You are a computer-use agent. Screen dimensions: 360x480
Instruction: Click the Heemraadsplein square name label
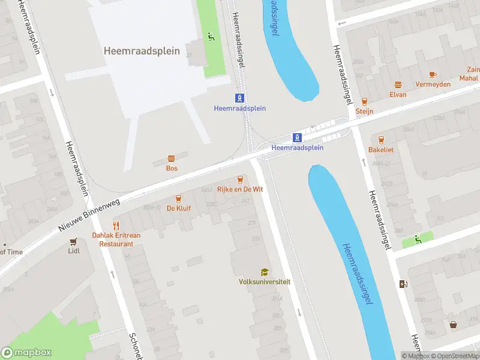[x=142, y=51]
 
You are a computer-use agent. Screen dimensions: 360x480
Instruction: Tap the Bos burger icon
[x=172, y=158]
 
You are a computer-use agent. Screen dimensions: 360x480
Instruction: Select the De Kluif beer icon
[x=178, y=199]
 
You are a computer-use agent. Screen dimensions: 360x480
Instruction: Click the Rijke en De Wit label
[x=241, y=189]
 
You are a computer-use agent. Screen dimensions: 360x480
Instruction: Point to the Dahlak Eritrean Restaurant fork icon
[x=116, y=226]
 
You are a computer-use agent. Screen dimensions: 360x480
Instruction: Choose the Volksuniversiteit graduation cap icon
[x=264, y=272]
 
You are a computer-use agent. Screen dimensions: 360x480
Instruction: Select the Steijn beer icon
[x=364, y=101]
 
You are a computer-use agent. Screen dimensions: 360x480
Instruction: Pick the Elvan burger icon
[x=398, y=85]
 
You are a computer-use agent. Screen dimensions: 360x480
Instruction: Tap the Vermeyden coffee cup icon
[x=433, y=74]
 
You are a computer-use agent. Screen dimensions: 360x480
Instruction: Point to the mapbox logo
[x=26, y=353]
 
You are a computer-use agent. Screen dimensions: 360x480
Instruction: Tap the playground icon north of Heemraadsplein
[x=211, y=36]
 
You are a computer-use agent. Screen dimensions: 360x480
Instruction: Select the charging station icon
[x=403, y=284]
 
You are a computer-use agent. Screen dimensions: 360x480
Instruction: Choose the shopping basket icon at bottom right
[x=454, y=325]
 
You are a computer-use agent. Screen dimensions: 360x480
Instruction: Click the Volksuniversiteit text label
[x=264, y=281]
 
